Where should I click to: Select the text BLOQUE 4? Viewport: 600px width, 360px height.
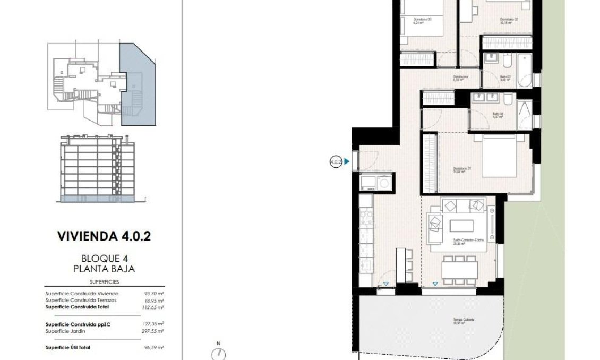(x=104, y=259)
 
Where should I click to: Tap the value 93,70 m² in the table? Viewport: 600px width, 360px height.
(x=154, y=293)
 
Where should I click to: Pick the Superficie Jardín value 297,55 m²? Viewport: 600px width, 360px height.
(x=154, y=331)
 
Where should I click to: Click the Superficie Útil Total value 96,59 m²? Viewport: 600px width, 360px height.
(x=154, y=348)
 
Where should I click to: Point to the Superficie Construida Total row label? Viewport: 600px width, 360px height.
(x=79, y=307)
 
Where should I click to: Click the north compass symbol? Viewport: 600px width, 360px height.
(x=218, y=354)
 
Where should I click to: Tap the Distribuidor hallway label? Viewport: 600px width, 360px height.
(x=460, y=78)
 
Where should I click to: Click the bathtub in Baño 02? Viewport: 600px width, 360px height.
(x=524, y=71)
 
